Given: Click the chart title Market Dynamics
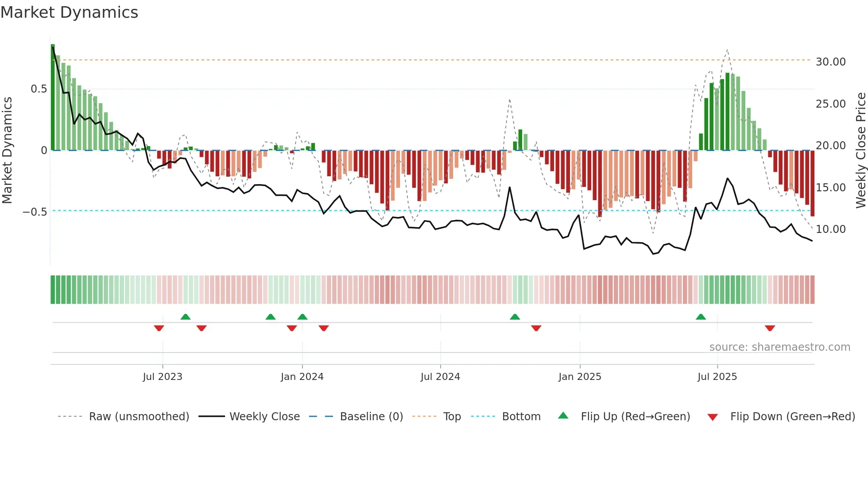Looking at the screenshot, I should (69, 12).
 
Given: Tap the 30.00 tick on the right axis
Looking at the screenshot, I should (830, 62).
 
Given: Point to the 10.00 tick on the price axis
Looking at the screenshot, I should (830, 229).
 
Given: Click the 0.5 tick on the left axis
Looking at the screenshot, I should (39, 89).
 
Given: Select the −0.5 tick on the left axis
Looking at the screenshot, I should (35, 212).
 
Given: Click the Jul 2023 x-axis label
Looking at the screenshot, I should (163, 377).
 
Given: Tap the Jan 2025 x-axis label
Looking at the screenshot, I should (580, 377).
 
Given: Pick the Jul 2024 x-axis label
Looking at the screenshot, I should (440, 377).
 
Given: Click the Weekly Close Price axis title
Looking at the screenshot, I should (860, 150).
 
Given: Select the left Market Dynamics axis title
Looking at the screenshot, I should (7, 150).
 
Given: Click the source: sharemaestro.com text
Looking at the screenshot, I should (779, 347).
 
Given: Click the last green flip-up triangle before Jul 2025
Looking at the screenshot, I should (701, 317).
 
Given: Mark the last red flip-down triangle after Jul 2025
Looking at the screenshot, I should (770, 328).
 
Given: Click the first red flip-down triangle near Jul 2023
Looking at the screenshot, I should (159, 328).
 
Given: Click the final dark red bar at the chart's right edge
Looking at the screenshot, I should (812, 183).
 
